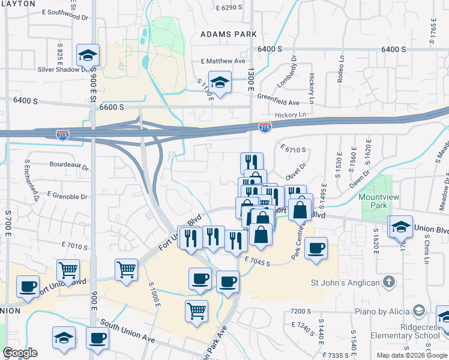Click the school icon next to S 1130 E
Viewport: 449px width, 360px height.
coord(220,82)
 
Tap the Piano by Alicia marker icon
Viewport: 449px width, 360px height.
coord(419,311)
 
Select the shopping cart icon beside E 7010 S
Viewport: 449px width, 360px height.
coord(68,270)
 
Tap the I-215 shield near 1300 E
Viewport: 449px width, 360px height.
coord(265,127)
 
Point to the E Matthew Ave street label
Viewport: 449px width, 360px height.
coord(223,61)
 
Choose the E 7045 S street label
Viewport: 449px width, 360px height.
coord(258,259)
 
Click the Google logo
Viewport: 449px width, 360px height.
coord(20,353)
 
